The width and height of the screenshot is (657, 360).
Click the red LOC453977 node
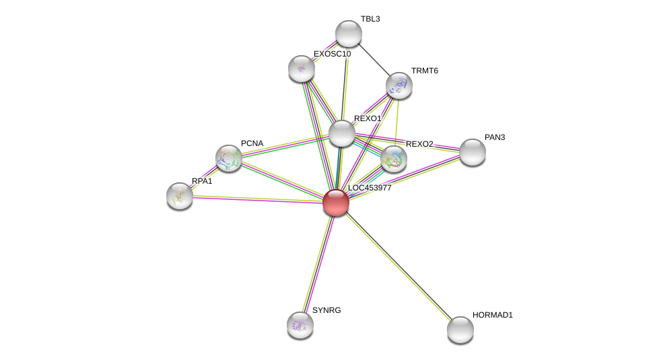(x=335, y=202)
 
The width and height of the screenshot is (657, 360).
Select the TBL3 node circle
(x=348, y=34)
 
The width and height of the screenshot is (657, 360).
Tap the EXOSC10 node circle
(x=301, y=68)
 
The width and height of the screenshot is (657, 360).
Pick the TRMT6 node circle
(x=399, y=85)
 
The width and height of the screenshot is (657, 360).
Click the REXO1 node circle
(x=341, y=133)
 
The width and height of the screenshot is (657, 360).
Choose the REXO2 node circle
(x=393, y=159)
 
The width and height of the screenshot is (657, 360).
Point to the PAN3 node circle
(x=472, y=151)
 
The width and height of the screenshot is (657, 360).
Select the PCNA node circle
(x=228, y=157)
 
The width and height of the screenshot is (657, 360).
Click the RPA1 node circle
(x=180, y=195)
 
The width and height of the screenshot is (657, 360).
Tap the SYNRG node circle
(x=300, y=324)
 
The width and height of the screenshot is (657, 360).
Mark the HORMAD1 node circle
(x=460, y=329)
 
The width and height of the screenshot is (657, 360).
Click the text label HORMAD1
(x=492, y=315)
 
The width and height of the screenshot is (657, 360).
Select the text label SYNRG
(x=328, y=310)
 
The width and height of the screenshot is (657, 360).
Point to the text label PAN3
(x=494, y=137)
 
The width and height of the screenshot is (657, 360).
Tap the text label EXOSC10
(x=332, y=54)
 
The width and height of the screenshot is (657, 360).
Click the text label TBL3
(x=370, y=19)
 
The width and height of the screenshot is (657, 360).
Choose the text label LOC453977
(x=369, y=188)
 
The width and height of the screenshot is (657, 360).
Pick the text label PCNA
(x=252, y=143)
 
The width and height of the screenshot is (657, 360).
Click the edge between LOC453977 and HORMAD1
(x=397, y=265)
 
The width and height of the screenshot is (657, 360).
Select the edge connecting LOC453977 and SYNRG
(x=318, y=263)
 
